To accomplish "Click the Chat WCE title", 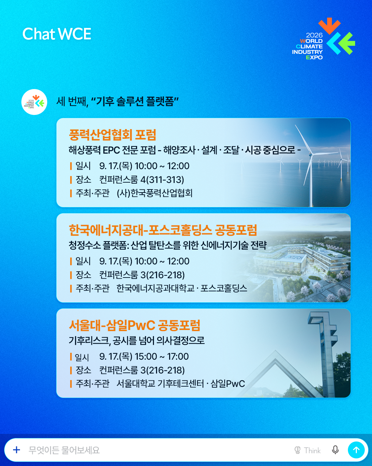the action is (x=56, y=34).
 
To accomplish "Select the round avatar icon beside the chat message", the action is (x=34, y=102).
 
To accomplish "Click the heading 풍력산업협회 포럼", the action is (x=112, y=135).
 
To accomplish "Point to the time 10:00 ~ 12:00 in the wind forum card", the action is (x=162, y=166).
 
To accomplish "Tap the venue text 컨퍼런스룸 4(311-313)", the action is (x=142, y=179).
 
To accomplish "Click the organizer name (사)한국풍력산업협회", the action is (x=155, y=193).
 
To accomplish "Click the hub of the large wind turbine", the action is (x=311, y=155).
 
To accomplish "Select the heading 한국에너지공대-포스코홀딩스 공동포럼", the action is (x=163, y=230).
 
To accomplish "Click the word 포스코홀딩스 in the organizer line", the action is (x=224, y=288).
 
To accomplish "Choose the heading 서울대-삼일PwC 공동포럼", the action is (x=134, y=325).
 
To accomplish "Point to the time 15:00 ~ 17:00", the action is (x=162, y=357).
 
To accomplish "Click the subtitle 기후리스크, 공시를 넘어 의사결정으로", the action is (x=137, y=341).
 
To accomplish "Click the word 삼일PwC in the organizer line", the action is (x=228, y=384).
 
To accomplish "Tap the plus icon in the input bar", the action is (x=17, y=450).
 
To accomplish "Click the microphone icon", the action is (x=335, y=450).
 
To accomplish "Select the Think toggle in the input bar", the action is (x=307, y=450).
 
